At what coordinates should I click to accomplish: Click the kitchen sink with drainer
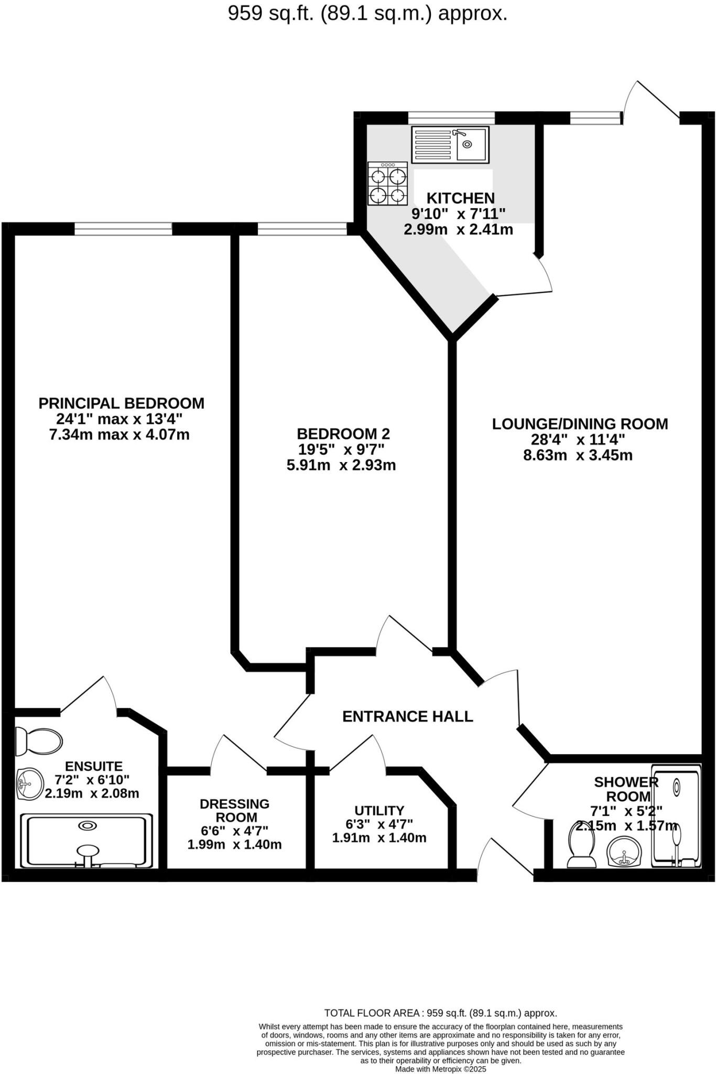pyautogui.click(x=450, y=144)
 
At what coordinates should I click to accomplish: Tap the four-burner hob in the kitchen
pyautogui.click(x=388, y=183)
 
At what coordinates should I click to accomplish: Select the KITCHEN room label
pyautogui.click(x=460, y=198)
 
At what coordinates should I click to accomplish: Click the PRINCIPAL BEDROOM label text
pyautogui.click(x=121, y=403)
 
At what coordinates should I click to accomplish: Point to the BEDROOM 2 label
pyautogui.click(x=343, y=434)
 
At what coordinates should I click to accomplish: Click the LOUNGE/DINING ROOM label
pyautogui.click(x=580, y=424)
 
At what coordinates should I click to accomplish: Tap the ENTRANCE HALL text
pyautogui.click(x=407, y=716)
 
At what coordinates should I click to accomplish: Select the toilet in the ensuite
pyautogui.click(x=38, y=741)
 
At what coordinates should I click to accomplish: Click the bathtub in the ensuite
pyautogui.click(x=87, y=840)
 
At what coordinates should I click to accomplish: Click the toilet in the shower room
pyautogui.click(x=582, y=843)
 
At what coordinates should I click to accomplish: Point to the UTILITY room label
pyautogui.click(x=379, y=810)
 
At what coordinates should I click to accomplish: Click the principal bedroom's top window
pyautogui.click(x=123, y=229)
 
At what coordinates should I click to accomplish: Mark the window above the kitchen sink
pyautogui.click(x=451, y=117)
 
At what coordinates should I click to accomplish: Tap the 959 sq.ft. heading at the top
pyautogui.click(x=367, y=14)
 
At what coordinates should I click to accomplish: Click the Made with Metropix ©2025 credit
pyautogui.click(x=440, y=1069)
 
